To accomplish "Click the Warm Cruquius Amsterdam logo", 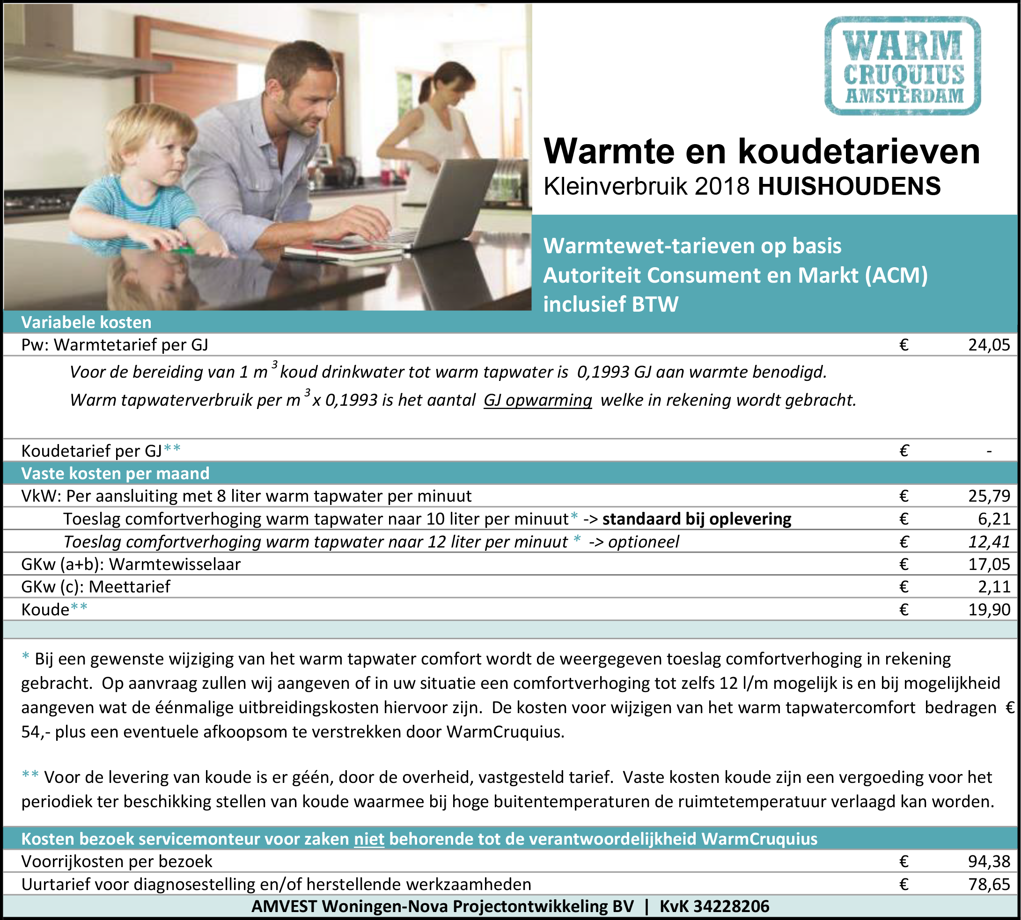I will click(902, 66).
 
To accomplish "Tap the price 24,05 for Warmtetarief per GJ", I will click(989, 345).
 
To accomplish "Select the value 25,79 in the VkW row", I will click(989, 496).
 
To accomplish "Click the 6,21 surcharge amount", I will click(994, 518).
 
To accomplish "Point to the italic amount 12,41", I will click(989, 541).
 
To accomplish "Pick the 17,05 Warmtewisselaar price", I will click(989, 564).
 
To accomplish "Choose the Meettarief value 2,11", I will click(994, 586).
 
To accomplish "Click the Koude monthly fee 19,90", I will click(989, 609).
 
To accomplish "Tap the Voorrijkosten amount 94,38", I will click(989, 861).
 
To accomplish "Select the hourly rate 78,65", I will click(989, 883).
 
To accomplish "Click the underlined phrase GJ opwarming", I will click(537, 400).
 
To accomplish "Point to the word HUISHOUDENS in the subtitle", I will click(849, 187).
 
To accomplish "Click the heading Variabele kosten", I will click(86, 322).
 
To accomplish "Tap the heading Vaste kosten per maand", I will click(115, 473).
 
